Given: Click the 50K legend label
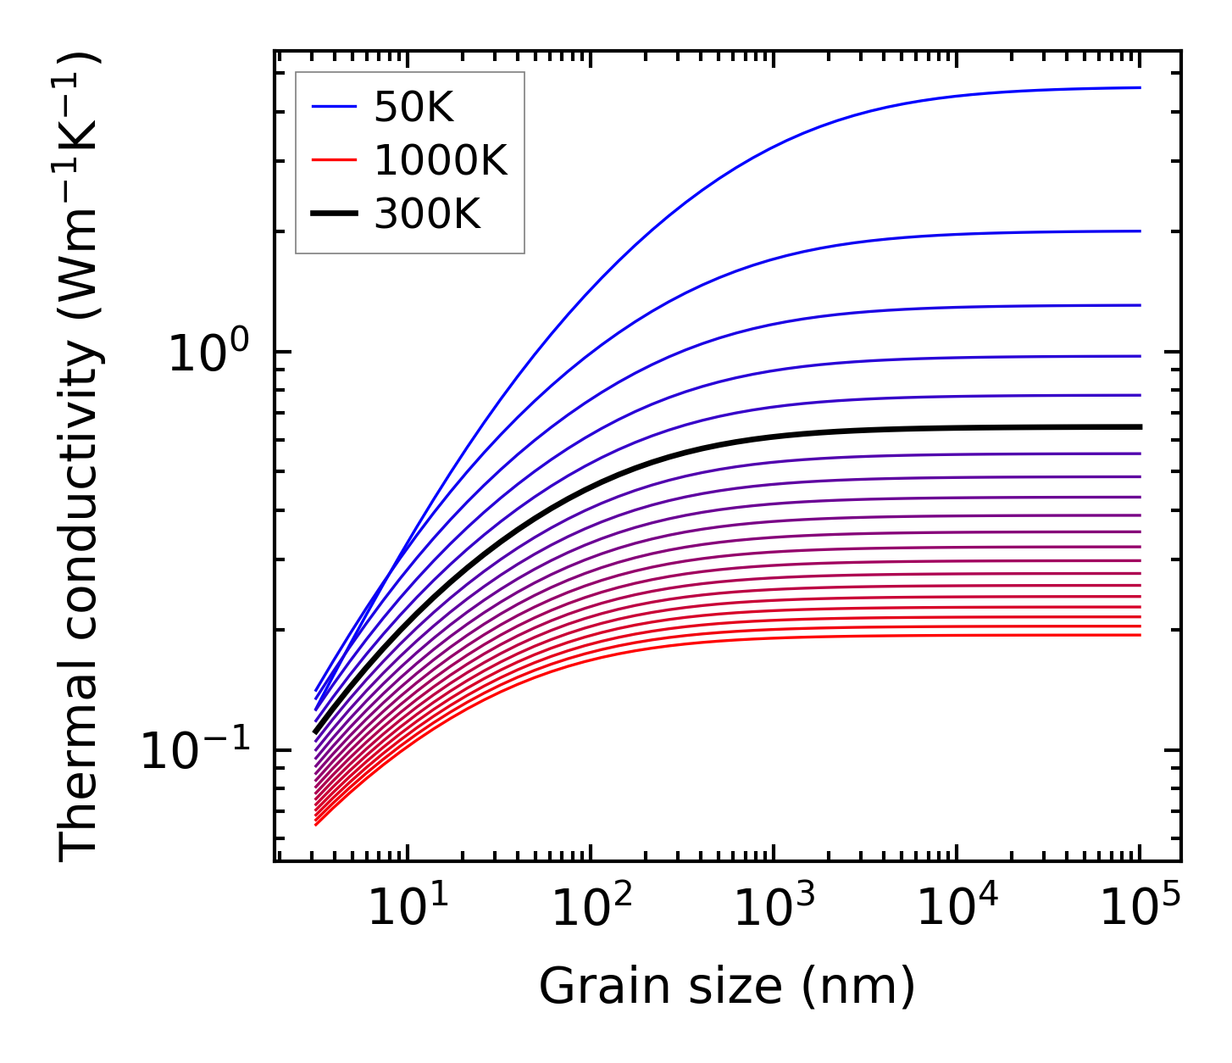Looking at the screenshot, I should click(413, 108).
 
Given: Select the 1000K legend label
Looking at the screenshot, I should click(441, 160).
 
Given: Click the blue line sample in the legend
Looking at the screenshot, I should click(336, 107).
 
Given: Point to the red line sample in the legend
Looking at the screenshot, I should click(336, 160).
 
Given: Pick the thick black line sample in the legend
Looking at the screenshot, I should click(336, 214).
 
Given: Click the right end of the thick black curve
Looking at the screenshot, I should click(1140, 427).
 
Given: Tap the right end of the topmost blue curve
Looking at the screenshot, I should click(1140, 87).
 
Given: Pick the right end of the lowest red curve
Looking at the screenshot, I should click(1140, 635).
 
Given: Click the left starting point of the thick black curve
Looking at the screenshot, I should click(315, 732).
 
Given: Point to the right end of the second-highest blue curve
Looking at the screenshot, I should click(1140, 231).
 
